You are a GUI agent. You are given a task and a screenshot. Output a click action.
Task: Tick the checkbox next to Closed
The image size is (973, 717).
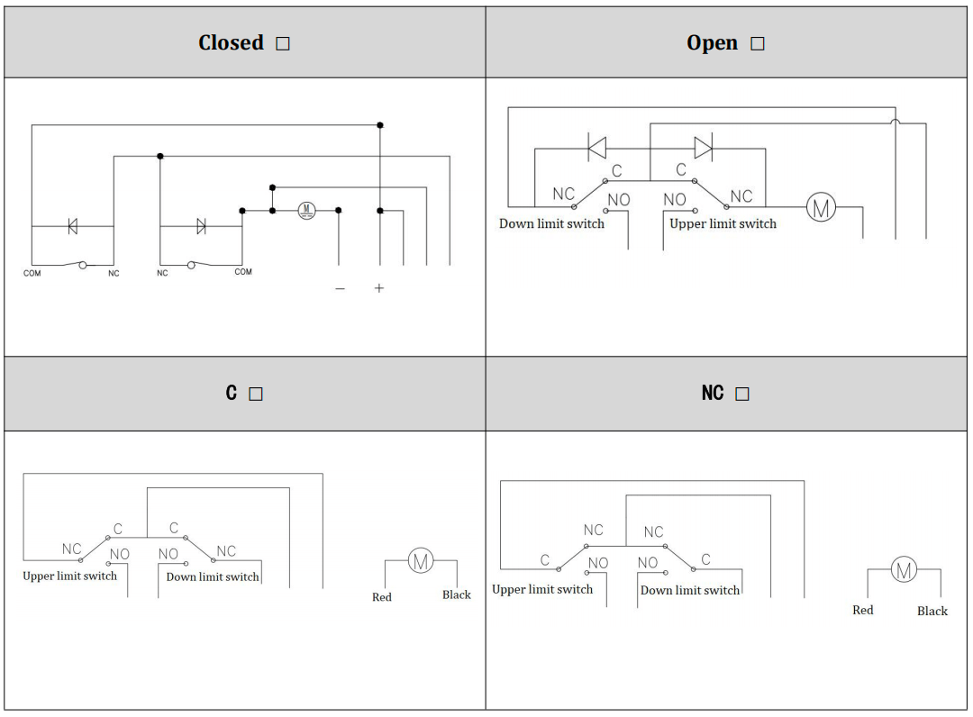[x=283, y=44]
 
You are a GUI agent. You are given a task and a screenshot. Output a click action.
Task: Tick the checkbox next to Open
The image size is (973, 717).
[x=757, y=44]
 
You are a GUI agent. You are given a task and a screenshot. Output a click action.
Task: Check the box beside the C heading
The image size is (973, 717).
[x=256, y=395]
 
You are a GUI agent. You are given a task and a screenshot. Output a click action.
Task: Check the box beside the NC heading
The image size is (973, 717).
[x=741, y=395]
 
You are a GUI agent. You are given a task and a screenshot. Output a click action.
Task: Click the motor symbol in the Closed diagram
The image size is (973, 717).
[x=306, y=211]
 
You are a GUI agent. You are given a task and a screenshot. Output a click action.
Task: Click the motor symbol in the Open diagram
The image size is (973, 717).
[x=820, y=208]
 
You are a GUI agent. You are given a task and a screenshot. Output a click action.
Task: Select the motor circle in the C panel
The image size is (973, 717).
[x=420, y=560]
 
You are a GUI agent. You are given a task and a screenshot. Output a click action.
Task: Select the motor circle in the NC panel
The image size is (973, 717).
[x=904, y=569]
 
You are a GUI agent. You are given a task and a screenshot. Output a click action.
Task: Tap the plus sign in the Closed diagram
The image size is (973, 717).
[x=379, y=288]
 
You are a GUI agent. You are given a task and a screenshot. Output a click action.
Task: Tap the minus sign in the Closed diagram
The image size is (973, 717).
[x=340, y=288]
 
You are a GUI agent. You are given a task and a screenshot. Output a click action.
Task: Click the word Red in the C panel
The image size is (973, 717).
[x=382, y=597]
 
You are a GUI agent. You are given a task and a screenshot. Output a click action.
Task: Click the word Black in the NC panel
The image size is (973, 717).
[x=932, y=612]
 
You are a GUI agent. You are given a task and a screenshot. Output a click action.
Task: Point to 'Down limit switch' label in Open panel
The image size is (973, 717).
[x=551, y=223]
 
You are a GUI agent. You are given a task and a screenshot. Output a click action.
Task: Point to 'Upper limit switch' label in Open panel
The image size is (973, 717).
[x=723, y=223]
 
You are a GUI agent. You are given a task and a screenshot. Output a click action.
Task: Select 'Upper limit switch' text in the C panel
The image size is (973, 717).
[x=69, y=576]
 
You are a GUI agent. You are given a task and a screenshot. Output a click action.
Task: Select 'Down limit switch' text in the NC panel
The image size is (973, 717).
[x=690, y=591]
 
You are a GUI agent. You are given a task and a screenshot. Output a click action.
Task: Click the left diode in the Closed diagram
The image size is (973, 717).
[x=73, y=226]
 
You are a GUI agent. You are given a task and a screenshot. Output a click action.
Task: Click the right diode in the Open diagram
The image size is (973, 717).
[x=703, y=148]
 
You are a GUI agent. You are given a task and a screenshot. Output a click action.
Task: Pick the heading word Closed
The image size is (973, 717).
[x=231, y=43]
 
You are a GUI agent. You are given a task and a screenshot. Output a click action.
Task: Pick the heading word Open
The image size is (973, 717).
[x=712, y=43]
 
